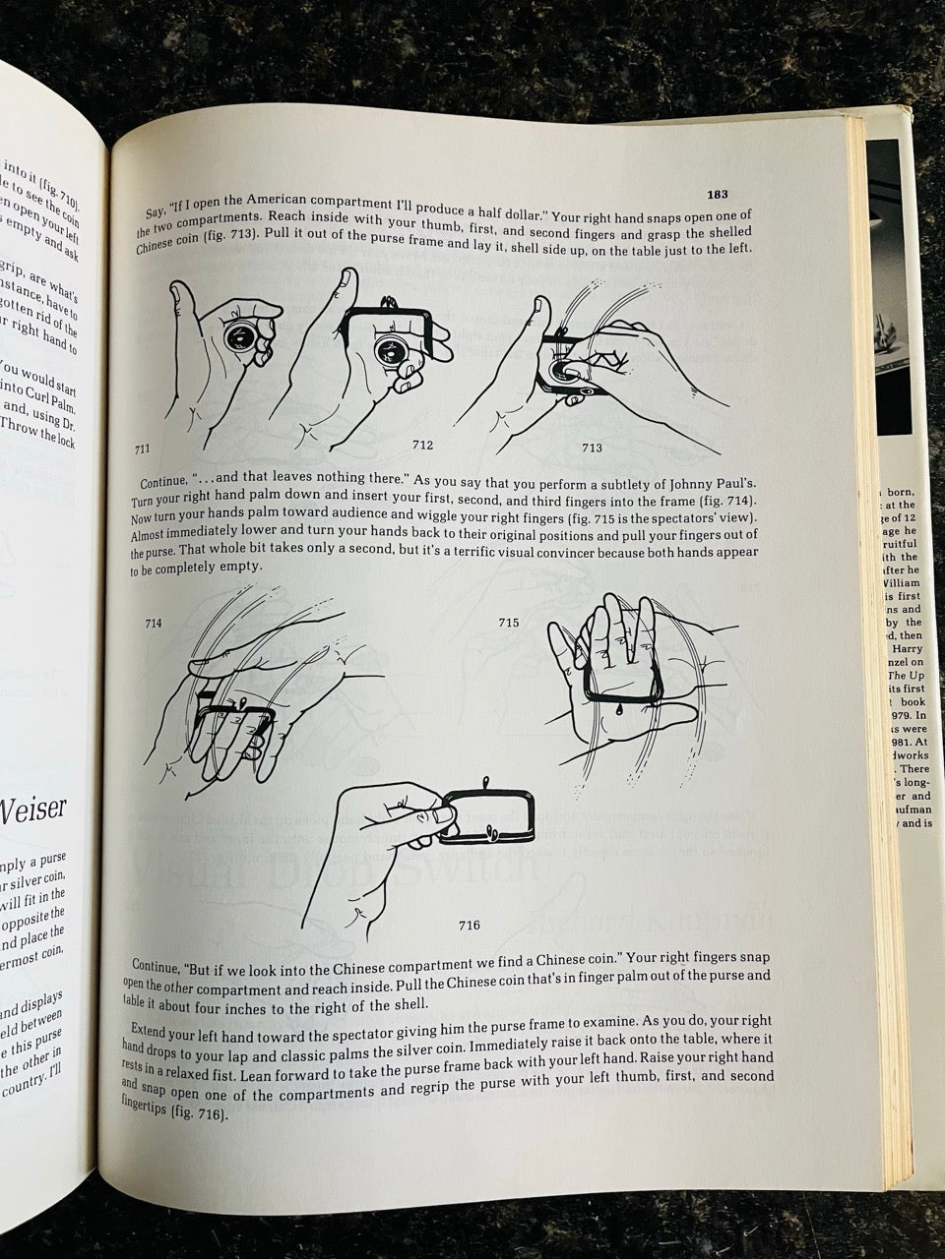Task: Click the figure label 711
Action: pos(142,449)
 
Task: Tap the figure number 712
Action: pos(422,445)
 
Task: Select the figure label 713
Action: pos(592,449)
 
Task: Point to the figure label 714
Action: pos(154,623)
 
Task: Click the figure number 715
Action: pos(509,623)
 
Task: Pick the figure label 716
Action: pos(470,926)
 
